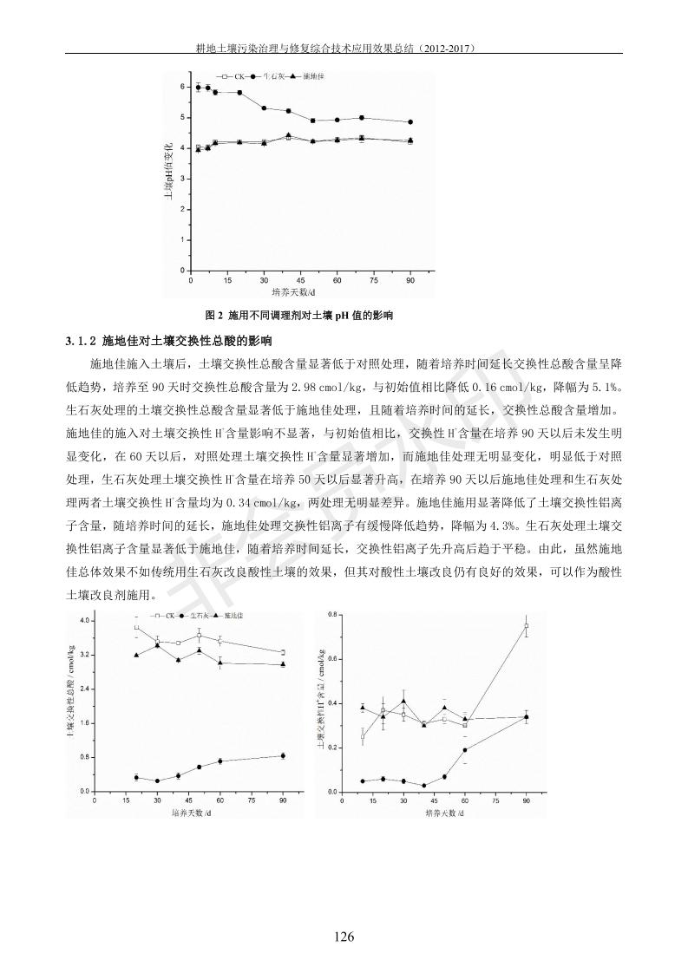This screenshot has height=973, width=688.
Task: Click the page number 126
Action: pyautogui.click(x=344, y=937)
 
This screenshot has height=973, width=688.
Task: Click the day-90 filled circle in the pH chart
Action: pyautogui.click(x=410, y=122)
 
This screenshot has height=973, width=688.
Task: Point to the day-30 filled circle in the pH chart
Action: pyautogui.click(x=264, y=108)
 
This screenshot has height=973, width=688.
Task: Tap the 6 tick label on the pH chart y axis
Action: pyautogui.click(x=183, y=87)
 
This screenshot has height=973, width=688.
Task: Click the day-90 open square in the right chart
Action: pyautogui.click(x=526, y=625)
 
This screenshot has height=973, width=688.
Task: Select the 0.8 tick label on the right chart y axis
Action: pyautogui.click(x=331, y=615)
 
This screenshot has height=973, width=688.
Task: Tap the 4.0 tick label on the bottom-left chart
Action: pyautogui.click(x=84, y=621)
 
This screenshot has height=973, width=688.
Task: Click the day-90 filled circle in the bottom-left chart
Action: pyautogui.click(x=283, y=755)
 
